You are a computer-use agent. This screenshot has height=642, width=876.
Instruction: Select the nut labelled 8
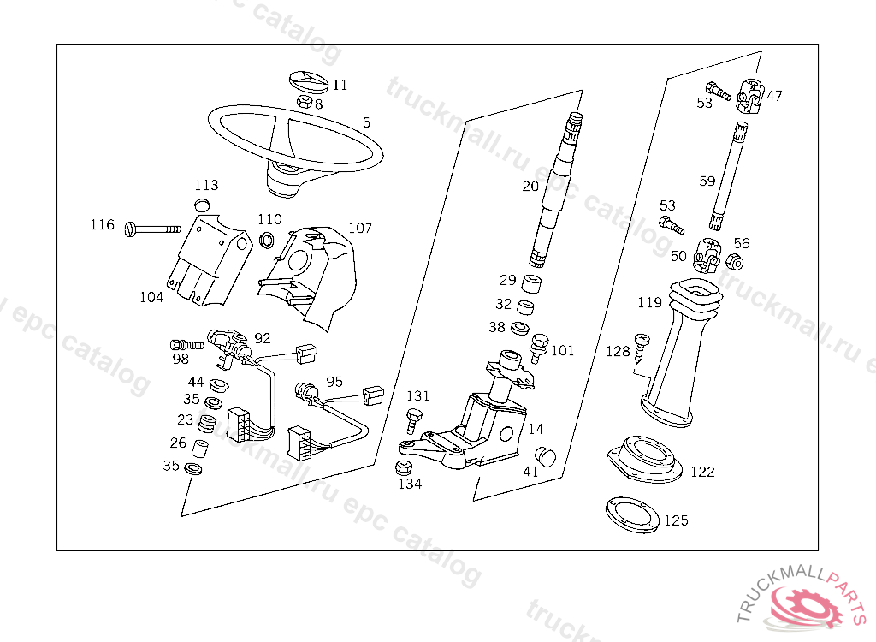click(304, 102)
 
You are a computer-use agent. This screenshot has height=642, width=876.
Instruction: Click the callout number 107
click(360, 229)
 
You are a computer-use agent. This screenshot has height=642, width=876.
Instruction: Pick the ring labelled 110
click(267, 239)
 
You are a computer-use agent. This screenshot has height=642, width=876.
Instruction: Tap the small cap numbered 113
click(203, 204)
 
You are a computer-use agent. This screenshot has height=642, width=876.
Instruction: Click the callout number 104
click(151, 297)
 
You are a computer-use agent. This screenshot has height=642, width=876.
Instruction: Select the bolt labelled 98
click(186, 344)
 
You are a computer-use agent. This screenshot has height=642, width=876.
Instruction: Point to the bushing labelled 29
click(534, 282)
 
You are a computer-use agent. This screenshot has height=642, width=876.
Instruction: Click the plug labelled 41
click(545, 454)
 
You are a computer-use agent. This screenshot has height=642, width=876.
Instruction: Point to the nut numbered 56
click(733, 258)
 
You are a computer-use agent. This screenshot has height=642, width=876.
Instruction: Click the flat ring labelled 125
click(632, 514)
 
